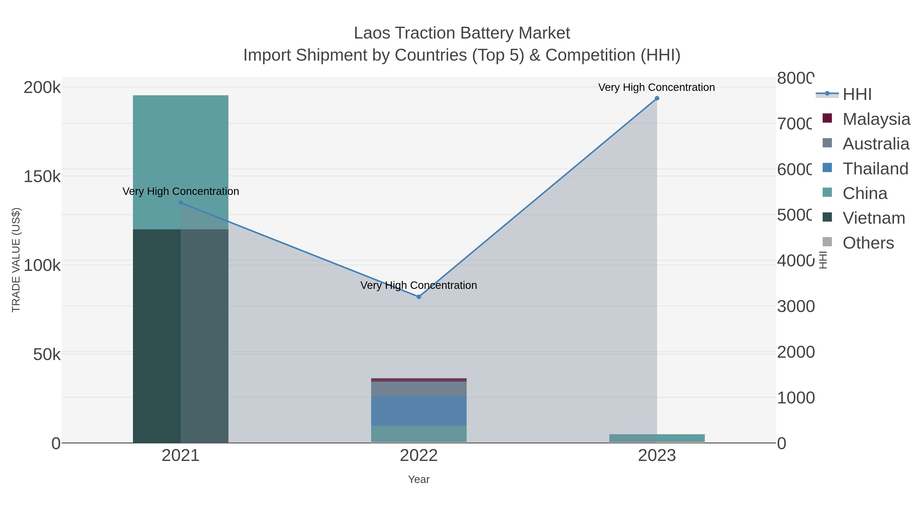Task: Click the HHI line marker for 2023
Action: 657,98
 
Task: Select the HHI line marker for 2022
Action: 419,297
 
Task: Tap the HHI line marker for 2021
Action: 181,203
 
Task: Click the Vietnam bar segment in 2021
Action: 157,336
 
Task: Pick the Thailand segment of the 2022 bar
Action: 419,411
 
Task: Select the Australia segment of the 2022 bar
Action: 419,389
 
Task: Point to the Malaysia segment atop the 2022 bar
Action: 419,380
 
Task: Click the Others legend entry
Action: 868,243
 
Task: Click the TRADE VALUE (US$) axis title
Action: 16,260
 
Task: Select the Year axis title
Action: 419,479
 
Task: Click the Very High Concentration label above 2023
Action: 656,87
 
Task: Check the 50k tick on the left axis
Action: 47,355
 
